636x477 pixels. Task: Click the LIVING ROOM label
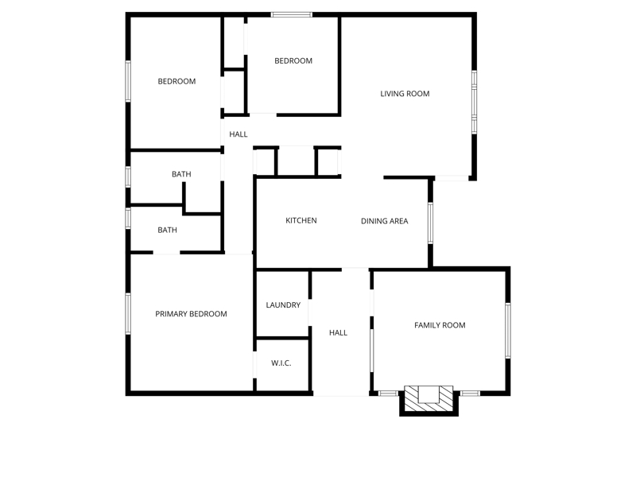pos(405,94)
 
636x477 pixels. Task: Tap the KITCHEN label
pos(301,221)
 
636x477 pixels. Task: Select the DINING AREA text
pos(385,221)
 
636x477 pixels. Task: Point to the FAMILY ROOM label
pos(440,325)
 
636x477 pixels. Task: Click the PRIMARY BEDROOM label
pos(191,314)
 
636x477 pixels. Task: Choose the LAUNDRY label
pos(283,305)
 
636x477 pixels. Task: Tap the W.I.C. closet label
pos(281,363)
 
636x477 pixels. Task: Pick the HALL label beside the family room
pos(339,333)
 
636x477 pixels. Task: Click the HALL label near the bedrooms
pos(238,134)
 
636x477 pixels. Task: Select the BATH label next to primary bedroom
pos(167,230)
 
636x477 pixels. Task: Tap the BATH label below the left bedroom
pos(181,174)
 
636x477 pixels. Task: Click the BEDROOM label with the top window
pos(293,61)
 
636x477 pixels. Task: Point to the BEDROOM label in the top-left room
pos(176,82)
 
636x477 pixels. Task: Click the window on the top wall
pos(292,14)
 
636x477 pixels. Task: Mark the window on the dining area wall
pos(430,223)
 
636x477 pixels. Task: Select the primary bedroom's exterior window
pos(128,314)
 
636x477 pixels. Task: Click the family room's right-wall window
pos(508,330)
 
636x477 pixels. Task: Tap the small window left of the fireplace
pos(388,393)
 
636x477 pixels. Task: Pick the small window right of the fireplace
pos(470,393)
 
